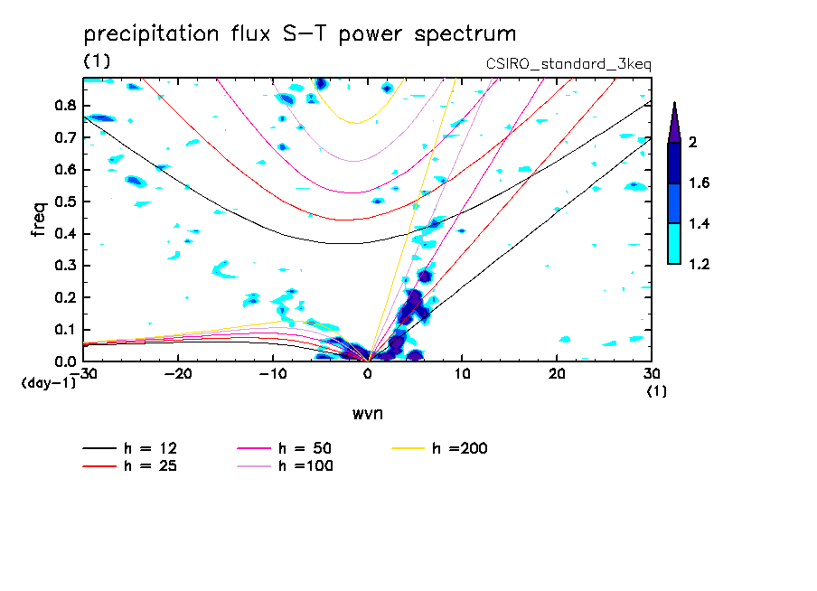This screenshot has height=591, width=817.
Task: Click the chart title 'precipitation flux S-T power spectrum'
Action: click(300, 34)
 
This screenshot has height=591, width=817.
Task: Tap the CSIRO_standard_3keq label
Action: click(568, 64)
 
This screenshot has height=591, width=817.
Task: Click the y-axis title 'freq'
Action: click(38, 219)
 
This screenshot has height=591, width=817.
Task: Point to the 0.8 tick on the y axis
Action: click(65, 105)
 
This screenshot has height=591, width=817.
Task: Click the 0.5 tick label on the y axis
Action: click(65, 202)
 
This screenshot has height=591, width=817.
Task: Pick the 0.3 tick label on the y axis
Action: click(65, 266)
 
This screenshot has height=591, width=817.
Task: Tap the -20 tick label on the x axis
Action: click(178, 374)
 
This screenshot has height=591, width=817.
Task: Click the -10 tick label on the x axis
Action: click(273, 374)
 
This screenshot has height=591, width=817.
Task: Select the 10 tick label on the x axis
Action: click(462, 374)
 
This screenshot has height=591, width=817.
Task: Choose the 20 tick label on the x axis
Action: click(557, 374)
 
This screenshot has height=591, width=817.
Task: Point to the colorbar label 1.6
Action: click(699, 183)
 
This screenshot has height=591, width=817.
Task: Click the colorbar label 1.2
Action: click(699, 264)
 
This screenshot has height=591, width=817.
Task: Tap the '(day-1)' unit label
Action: click(47, 382)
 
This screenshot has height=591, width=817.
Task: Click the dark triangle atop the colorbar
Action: click(673, 122)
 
